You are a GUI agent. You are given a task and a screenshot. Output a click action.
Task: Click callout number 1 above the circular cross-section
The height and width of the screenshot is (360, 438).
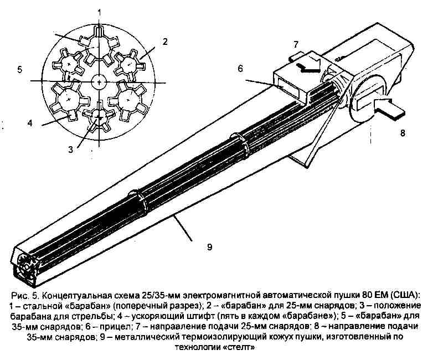coord(100,12)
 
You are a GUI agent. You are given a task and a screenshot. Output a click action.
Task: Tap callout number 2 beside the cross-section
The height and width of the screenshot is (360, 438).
coord(165,42)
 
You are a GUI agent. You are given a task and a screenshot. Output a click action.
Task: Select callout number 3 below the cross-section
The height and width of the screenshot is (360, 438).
coord(71,150)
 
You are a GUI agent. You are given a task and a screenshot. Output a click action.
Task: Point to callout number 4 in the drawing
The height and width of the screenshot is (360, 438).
coord(30,123)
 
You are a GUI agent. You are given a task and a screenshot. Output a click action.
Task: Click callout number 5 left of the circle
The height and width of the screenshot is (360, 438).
coord(19,69)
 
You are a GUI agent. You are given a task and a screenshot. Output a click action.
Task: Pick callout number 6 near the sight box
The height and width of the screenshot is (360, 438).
coord(240,69)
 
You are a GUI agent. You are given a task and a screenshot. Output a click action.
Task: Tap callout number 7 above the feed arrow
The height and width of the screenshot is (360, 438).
coord(296,44)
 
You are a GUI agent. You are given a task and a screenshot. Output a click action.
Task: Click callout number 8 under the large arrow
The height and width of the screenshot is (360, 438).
coord(403,133)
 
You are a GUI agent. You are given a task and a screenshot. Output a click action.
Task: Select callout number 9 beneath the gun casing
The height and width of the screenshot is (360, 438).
coord(209,247)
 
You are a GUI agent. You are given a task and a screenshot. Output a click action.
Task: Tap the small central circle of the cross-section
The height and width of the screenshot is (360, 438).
coord(99,82)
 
